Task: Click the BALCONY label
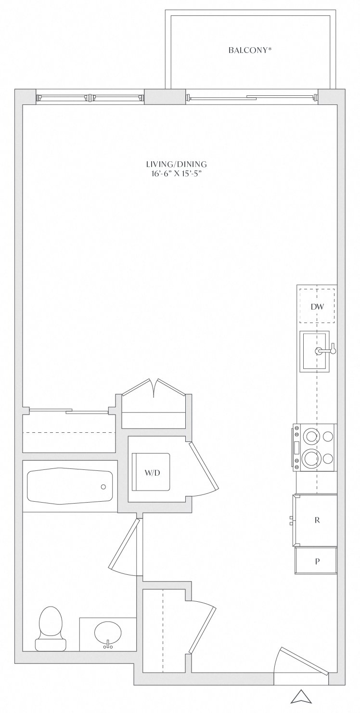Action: pos(249,50)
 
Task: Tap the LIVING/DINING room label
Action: pos(176,164)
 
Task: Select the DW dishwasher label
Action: pos(317,307)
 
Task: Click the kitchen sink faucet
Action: pos(325,351)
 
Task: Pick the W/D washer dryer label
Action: pos(152,473)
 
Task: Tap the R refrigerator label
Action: pos(317,520)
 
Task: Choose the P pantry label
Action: pos(317,561)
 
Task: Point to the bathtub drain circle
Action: pos(103,487)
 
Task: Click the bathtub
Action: pos(70,486)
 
